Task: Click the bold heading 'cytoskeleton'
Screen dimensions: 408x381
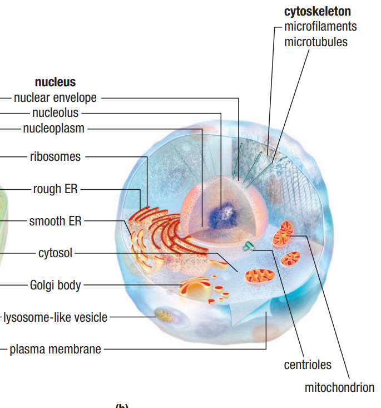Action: (317, 11)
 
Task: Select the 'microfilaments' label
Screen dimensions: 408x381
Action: (320, 26)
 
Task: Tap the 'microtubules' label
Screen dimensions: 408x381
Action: (315, 42)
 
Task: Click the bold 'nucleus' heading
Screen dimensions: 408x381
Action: (55, 83)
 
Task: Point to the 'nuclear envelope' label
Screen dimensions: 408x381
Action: (55, 98)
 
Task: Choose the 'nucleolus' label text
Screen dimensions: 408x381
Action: (55, 114)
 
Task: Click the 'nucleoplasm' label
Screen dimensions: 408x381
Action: (54, 129)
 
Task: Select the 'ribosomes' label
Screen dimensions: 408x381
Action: (55, 157)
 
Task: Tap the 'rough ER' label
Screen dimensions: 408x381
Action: (55, 189)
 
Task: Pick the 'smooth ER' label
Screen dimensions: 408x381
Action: (55, 221)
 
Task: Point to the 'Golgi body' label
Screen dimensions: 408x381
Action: (55, 286)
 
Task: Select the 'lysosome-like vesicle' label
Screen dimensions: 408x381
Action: (55, 318)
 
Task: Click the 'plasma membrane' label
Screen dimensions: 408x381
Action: (55, 350)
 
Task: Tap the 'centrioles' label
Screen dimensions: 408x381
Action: (308, 365)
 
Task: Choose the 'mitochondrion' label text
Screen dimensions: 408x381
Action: (339, 387)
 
